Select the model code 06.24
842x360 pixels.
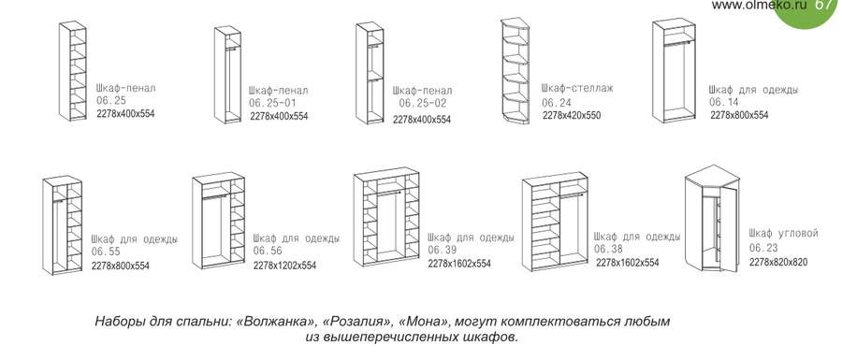coord(556,102)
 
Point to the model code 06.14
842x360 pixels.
coord(724,102)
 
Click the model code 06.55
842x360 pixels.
coord(105,252)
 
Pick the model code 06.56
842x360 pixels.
coord(268,251)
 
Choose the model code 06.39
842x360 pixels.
coord(442,251)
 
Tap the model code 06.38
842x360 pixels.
coord(608,250)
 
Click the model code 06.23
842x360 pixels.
coord(763,248)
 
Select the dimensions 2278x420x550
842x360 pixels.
coord(571,116)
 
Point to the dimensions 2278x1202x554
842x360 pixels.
coord(284,266)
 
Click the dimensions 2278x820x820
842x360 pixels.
coord(778,263)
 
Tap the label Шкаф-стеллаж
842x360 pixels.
coord(577,88)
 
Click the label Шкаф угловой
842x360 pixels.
coord(784,233)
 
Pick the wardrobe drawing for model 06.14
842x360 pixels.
coord(674,70)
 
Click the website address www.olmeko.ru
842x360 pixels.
coord(759,6)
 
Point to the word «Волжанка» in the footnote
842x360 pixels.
coord(273,322)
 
